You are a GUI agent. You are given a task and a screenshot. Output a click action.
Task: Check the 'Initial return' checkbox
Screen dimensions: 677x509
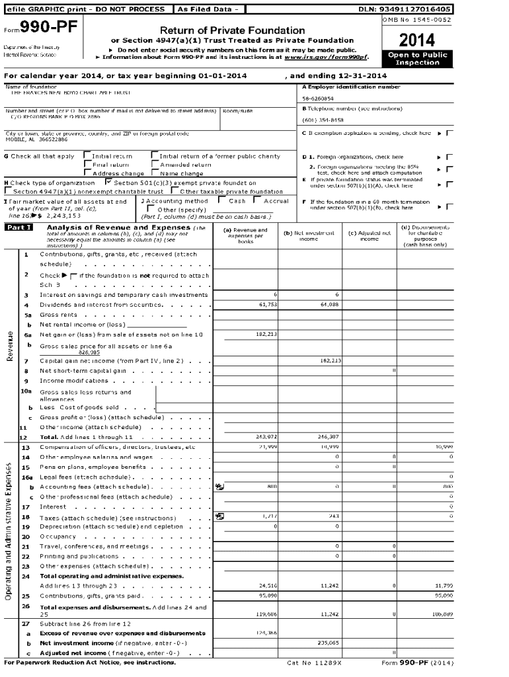[x=87, y=156]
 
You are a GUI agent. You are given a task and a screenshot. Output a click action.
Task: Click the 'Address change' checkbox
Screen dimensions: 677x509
[x=87, y=173]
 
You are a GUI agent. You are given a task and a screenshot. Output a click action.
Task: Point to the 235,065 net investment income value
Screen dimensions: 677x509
[x=328, y=642]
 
